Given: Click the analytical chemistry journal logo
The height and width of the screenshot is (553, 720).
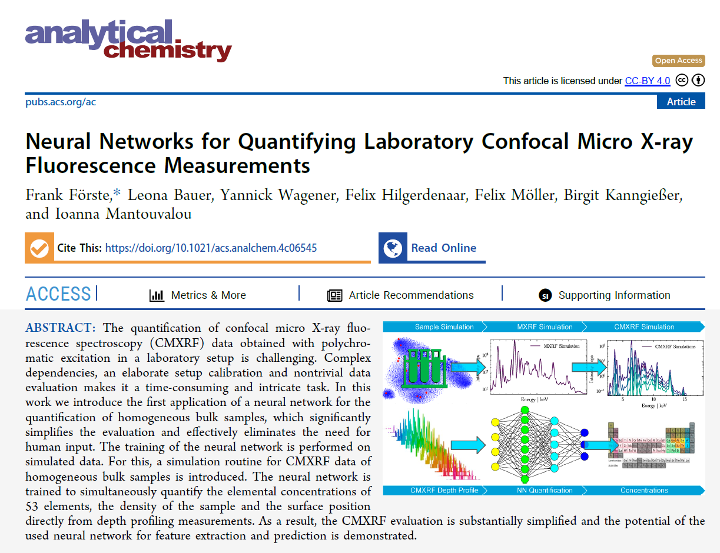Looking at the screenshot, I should click(x=128, y=39).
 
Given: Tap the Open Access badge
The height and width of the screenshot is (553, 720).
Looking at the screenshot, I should click(x=678, y=61).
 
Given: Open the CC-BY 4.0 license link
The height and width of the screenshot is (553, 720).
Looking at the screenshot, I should click(x=647, y=81).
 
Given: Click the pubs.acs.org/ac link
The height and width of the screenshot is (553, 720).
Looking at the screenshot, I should click(x=61, y=102).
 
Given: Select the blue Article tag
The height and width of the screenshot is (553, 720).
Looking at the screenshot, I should click(x=681, y=102).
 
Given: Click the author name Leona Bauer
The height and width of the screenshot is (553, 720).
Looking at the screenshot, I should click(x=162, y=195).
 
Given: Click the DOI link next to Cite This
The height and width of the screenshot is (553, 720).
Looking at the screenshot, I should click(x=211, y=248).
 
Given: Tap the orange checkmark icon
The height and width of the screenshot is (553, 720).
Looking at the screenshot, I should click(x=39, y=248).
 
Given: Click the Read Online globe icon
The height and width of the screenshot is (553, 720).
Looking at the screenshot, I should click(x=393, y=248).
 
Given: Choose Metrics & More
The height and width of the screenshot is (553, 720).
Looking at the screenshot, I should click(x=208, y=295).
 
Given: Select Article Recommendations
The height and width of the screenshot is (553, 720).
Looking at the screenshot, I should click(x=410, y=295).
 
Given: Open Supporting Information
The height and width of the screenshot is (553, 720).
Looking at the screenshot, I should click(x=613, y=295).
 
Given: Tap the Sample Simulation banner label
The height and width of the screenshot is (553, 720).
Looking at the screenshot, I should click(x=444, y=327).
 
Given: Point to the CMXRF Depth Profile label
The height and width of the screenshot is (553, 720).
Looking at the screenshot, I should click(x=444, y=491).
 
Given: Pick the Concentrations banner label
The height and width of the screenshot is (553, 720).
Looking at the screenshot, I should click(x=644, y=491).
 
